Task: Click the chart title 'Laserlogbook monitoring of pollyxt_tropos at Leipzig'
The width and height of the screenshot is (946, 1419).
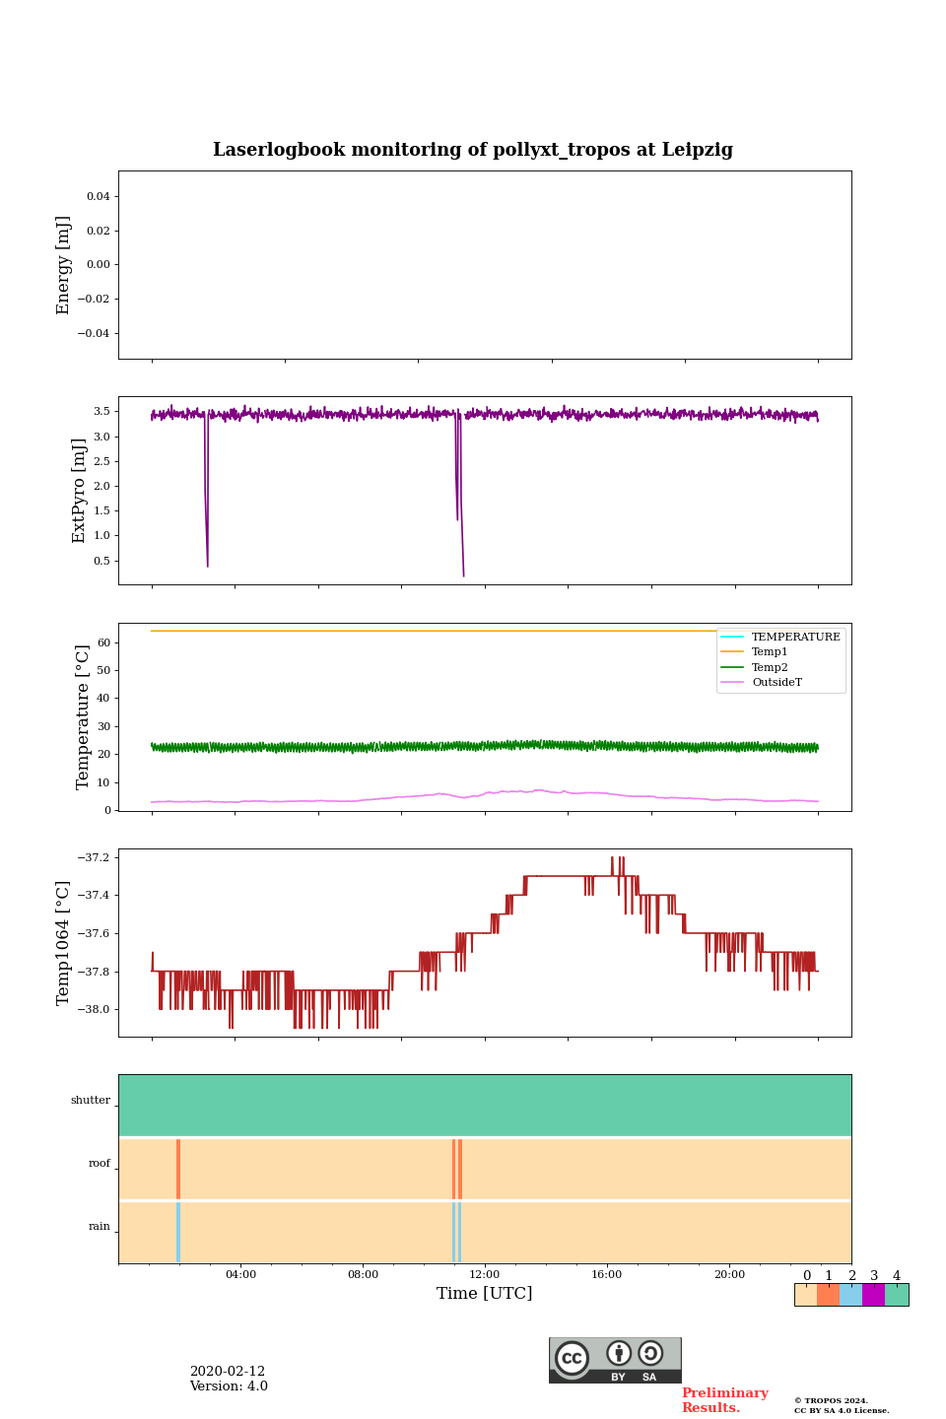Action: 473,150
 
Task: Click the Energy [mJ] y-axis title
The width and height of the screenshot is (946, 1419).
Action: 64,265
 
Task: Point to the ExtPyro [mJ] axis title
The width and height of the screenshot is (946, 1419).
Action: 80,491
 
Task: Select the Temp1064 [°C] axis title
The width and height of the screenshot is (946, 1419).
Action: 64,943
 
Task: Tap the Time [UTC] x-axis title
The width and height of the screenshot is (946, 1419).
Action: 485,1293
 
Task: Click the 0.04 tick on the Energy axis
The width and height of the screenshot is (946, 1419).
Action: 98,197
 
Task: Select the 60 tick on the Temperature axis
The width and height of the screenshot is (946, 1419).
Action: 102,642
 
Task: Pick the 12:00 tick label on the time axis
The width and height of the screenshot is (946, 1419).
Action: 485,1275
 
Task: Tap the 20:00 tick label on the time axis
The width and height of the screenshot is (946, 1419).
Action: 729,1275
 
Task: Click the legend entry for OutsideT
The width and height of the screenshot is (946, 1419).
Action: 777,683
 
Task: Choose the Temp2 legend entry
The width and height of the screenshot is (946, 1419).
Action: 770,668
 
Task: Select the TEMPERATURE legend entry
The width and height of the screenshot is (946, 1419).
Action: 795,638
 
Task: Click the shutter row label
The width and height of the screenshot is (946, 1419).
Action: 91,1101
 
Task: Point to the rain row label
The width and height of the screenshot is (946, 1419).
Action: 100,1227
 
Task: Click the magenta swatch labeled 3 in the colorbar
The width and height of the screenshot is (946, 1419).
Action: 873,1295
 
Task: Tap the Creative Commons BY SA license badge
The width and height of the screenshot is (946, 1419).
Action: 615,1360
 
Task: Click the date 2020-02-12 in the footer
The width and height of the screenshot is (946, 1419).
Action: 228,1372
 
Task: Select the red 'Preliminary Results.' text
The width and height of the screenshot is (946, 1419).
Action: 724,1400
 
